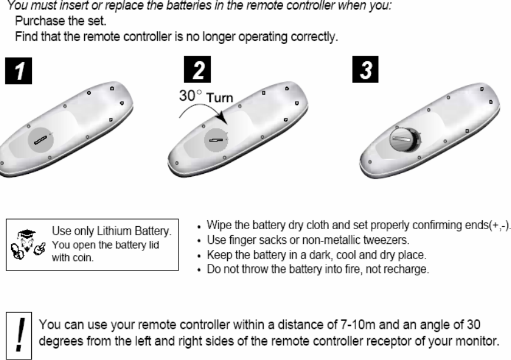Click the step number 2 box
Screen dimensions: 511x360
click(201, 71)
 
